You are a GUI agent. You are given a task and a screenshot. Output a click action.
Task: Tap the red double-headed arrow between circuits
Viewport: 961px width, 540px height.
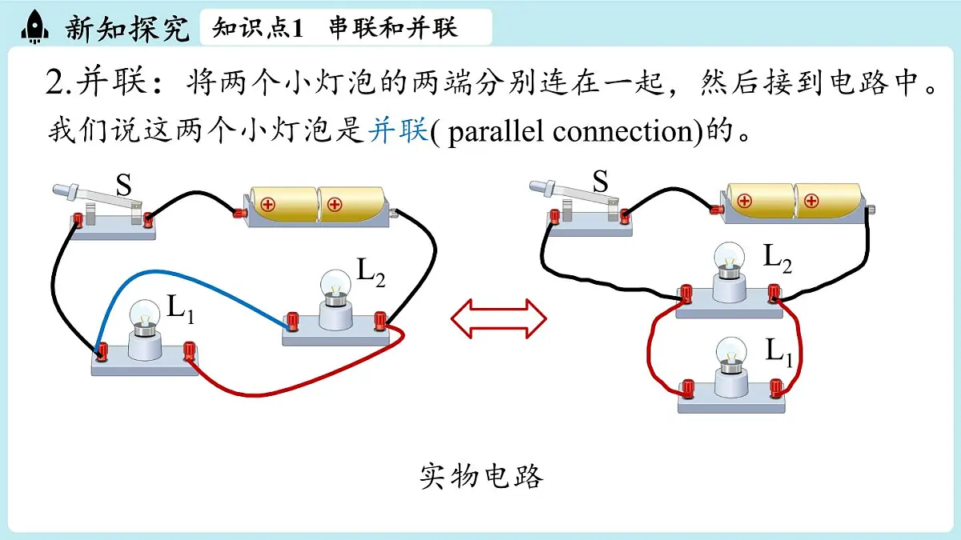coord(498,319)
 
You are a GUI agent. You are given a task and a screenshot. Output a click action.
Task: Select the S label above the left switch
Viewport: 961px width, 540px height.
coord(123,185)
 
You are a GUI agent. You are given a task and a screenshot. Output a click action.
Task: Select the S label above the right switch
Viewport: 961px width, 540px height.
coord(600,181)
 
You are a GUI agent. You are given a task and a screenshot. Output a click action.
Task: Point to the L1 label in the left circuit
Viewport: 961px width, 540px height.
coord(181,309)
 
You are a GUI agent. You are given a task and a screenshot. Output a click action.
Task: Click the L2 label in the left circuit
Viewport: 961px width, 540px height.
coord(371,273)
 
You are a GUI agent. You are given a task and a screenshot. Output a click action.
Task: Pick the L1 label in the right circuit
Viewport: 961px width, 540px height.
coord(779,352)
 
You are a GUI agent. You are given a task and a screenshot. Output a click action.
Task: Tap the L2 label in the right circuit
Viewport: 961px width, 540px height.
coord(778,259)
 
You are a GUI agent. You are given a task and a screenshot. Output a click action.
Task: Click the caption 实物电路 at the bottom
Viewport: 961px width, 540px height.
coord(481,476)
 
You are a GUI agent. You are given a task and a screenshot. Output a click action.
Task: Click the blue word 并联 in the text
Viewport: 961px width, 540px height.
coord(398,130)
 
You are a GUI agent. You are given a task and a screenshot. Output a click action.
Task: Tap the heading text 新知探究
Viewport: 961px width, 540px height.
coord(127,28)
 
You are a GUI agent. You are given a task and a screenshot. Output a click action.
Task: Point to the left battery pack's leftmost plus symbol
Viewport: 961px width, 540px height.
coord(267,205)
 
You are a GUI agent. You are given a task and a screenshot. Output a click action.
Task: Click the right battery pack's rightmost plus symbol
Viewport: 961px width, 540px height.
coord(810,201)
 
